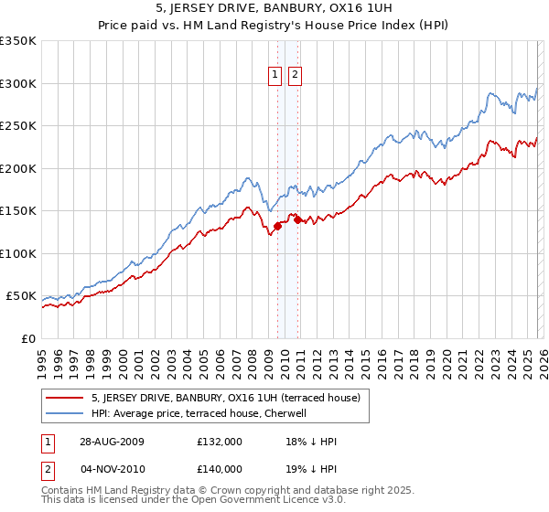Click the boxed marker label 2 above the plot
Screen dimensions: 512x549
click(x=296, y=76)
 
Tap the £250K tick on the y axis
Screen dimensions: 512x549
click(x=18, y=126)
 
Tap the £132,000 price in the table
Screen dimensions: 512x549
click(x=220, y=442)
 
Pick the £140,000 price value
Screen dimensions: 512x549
click(x=220, y=468)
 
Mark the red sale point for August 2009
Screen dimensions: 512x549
click(x=277, y=226)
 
